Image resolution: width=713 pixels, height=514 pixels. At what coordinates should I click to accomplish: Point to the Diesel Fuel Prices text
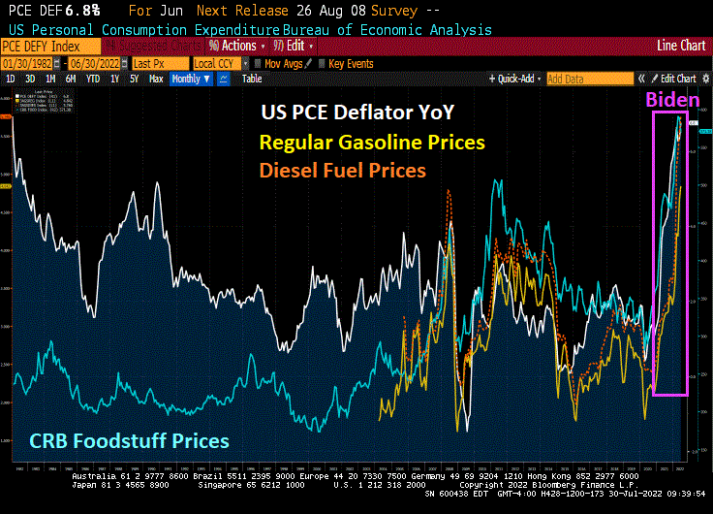(x=341, y=170)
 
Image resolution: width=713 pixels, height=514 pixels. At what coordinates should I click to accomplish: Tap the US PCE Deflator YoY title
(x=356, y=112)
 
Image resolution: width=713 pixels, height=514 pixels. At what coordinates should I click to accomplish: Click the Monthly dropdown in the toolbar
(x=188, y=79)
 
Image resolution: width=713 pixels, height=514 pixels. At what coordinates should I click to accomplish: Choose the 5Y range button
(x=135, y=79)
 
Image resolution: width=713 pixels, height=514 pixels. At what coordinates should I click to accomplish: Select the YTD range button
(x=93, y=79)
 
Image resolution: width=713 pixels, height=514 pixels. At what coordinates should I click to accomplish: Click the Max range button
(x=156, y=79)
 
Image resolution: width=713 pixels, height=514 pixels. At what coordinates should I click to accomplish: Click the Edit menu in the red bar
(x=294, y=46)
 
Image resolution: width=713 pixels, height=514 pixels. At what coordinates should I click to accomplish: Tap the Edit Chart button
(x=677, y=79)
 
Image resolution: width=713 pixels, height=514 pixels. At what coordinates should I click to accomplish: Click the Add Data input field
(x=587, y=79)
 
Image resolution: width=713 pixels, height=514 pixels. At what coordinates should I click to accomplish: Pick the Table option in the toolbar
(x=252, y=79)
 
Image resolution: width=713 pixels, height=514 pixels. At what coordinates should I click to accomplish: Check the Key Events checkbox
(x=323, y=63)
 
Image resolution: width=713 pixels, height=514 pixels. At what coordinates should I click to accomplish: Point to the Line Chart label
(x=680, y=46)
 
